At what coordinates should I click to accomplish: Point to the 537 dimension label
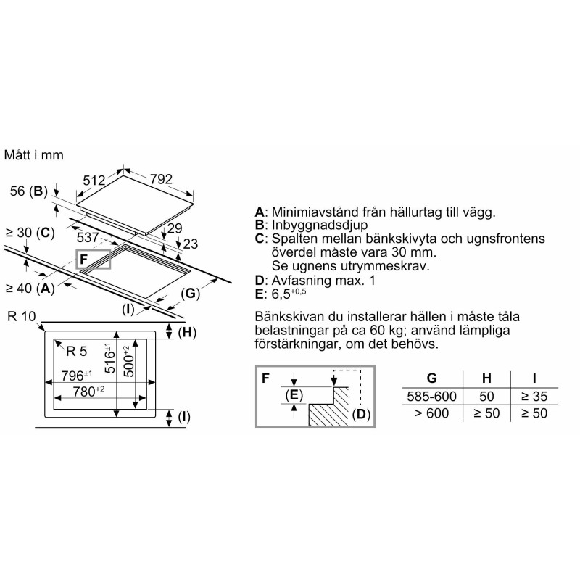click(88, 237)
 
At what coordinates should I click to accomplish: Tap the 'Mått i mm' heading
click(34, 154)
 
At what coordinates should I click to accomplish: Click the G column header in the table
click(432, 378)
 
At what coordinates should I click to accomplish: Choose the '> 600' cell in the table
click(432, 413)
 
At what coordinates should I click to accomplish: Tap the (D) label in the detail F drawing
click(360, 415)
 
